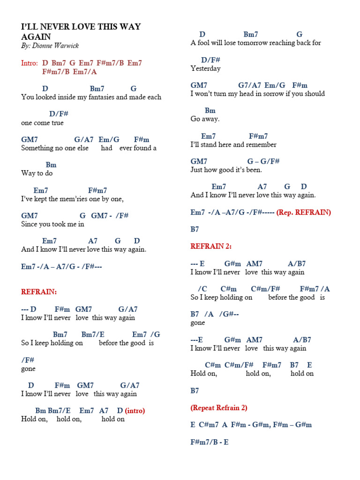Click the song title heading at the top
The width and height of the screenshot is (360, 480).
81,31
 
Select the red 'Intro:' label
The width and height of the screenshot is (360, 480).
30,63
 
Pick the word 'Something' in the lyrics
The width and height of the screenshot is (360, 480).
37,148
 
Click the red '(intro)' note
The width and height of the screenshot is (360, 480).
135,411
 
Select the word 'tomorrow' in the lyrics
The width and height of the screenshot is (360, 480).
255,43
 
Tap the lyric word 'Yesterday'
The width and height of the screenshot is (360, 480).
205,68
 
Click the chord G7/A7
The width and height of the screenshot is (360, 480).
249,85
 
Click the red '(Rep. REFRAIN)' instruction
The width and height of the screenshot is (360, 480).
304,212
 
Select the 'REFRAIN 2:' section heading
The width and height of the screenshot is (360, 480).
211,246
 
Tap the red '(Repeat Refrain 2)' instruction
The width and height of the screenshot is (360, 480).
219,407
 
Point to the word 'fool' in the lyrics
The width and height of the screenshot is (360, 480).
204,43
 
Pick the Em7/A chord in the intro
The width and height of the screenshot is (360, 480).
85,72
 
